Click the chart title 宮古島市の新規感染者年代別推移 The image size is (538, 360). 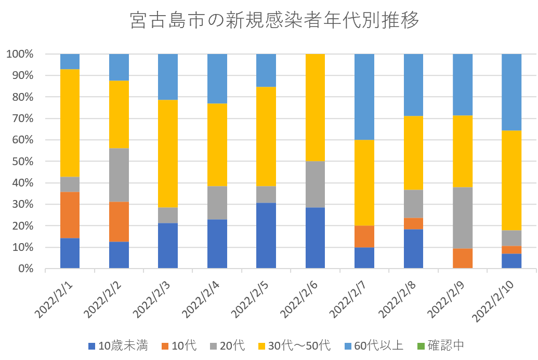point(274,21)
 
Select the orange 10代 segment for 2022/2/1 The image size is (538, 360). point(70,215)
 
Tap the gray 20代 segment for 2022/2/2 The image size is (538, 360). point(119,175)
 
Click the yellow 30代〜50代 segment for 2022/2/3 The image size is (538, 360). point(167,154)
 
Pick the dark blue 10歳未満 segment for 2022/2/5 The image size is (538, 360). point(266,235)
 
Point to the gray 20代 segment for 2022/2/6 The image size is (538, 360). point(314,184)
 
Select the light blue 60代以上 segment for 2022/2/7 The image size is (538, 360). point(364,97)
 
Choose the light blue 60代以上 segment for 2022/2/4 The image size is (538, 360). point(217,78)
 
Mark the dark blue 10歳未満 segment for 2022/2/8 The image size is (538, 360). point(413,249)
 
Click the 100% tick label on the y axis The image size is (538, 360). point(21,54)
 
